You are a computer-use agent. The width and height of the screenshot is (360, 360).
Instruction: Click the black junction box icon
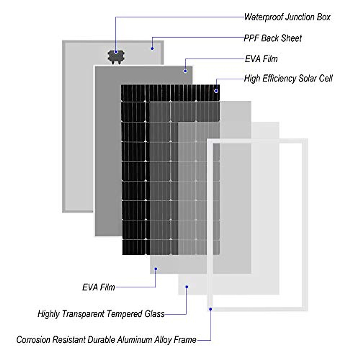point(116,57)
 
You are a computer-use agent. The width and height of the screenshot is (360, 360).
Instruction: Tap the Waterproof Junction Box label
point(287,17)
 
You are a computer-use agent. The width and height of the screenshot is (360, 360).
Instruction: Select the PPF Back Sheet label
point(273,38)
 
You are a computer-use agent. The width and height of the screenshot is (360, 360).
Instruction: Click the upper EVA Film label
point(261,59)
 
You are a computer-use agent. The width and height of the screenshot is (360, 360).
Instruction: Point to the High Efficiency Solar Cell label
point(288,79)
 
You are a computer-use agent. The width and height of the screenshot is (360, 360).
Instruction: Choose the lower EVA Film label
point(99,287)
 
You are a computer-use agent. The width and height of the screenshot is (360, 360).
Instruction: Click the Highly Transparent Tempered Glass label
point(101,314)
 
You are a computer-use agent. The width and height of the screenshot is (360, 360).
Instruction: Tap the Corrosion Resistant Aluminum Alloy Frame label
point(106,340)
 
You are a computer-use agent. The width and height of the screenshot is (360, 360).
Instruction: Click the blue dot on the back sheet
point(152,48)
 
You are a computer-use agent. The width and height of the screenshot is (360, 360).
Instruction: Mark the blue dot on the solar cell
point(216,91)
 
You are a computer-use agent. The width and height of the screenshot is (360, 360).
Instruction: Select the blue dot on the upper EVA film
point(185,71)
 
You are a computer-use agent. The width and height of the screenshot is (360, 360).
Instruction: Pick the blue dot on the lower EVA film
point(156,269)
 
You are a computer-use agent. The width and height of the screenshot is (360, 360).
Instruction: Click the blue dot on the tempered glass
point(187,287)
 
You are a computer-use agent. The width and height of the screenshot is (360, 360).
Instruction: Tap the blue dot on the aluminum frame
point(211,309)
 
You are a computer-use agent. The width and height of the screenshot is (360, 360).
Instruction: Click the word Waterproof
point(264,17)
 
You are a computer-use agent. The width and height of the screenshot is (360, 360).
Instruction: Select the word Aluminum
point(134,340)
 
